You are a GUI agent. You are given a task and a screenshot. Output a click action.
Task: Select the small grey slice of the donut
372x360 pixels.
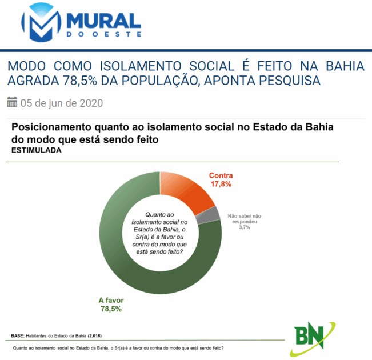[x=208, y=215]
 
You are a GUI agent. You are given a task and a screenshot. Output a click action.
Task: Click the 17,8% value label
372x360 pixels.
[x=221, y=184]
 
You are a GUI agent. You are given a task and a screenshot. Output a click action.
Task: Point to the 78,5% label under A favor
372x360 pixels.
[x=111, y=309]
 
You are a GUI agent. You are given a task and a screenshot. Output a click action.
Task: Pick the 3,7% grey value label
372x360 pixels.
[x=245, y=227]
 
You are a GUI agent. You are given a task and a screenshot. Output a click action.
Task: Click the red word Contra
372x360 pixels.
[x=221, y=175]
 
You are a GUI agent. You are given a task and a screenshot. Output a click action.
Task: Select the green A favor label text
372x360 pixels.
[x=111, y=301]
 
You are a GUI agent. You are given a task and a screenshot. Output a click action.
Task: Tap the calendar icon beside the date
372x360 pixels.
[x=12, y=102]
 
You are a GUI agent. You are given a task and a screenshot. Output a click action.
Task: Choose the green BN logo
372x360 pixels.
[x=313, y=339]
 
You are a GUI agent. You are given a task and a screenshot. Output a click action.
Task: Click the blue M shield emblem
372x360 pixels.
[x=41, y=22]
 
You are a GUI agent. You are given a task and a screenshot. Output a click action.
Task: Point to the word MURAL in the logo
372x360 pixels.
[x=104, y=21]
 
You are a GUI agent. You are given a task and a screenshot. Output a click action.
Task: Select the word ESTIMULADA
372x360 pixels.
[x=37, y=150]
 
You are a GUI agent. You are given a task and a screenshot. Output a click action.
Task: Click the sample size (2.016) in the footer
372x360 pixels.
[x=95, y=336]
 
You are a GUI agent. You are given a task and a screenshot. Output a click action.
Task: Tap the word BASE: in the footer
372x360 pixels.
[x=18, y=336]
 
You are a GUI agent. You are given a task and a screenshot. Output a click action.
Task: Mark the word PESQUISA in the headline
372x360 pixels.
[x=290, y=81]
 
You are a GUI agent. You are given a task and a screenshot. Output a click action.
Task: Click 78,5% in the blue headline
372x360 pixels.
[x=80, y=81]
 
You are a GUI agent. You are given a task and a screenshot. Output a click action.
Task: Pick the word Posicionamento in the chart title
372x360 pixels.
[x=51, y=127]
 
